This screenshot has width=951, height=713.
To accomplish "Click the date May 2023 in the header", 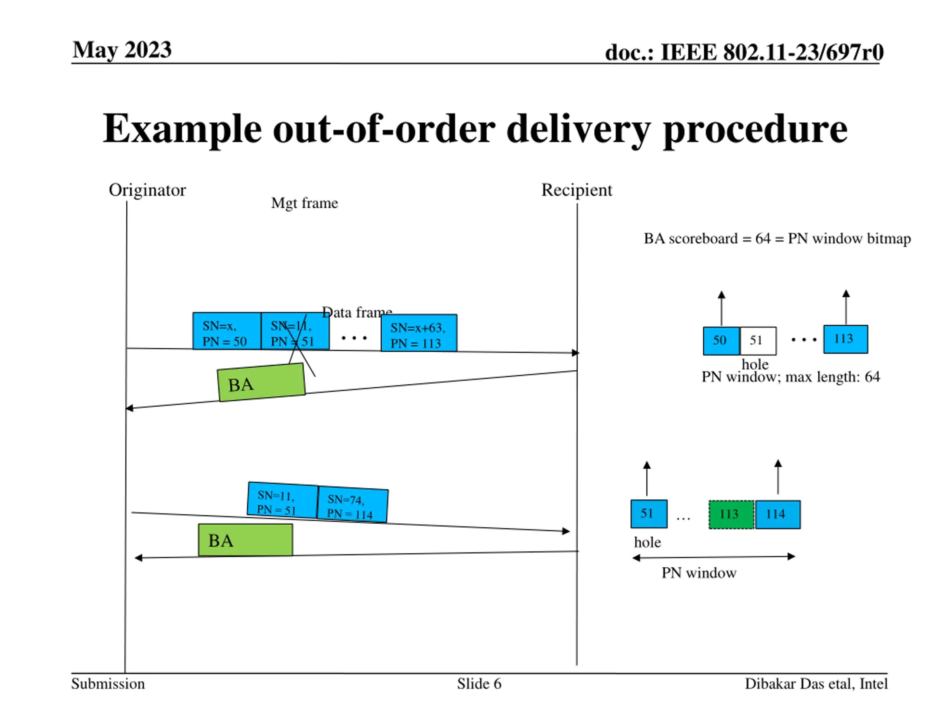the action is (122, 50).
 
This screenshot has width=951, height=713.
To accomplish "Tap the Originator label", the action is (147, 190).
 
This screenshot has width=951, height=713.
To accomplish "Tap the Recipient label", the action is (576, 190).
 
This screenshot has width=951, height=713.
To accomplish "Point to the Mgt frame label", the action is (304, 203).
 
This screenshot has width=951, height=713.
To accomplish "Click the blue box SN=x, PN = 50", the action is (227, 331).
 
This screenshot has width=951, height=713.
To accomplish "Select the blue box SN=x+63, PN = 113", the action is (419, 333).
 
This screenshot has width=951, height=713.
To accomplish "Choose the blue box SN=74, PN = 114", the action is (353, 506).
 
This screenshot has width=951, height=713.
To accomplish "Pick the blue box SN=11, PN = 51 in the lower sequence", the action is (282, 501).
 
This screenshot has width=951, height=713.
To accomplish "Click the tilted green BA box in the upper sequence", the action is (261, 383).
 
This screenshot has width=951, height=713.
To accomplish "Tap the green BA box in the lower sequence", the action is (245, 540).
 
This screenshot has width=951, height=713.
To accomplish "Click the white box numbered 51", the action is (757, 341).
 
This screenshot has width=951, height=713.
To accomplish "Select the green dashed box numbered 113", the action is (731, 514).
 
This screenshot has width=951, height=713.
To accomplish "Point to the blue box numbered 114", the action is (777, 514).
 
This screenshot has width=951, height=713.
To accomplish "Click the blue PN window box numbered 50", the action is (721, 341).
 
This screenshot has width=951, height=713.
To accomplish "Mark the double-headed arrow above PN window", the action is (714, 557).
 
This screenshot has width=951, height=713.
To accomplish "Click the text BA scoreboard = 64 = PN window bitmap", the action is (777, 238).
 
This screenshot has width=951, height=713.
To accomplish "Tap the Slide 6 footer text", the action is (479, 684).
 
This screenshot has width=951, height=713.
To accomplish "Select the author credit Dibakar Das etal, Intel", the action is (815, 684).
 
